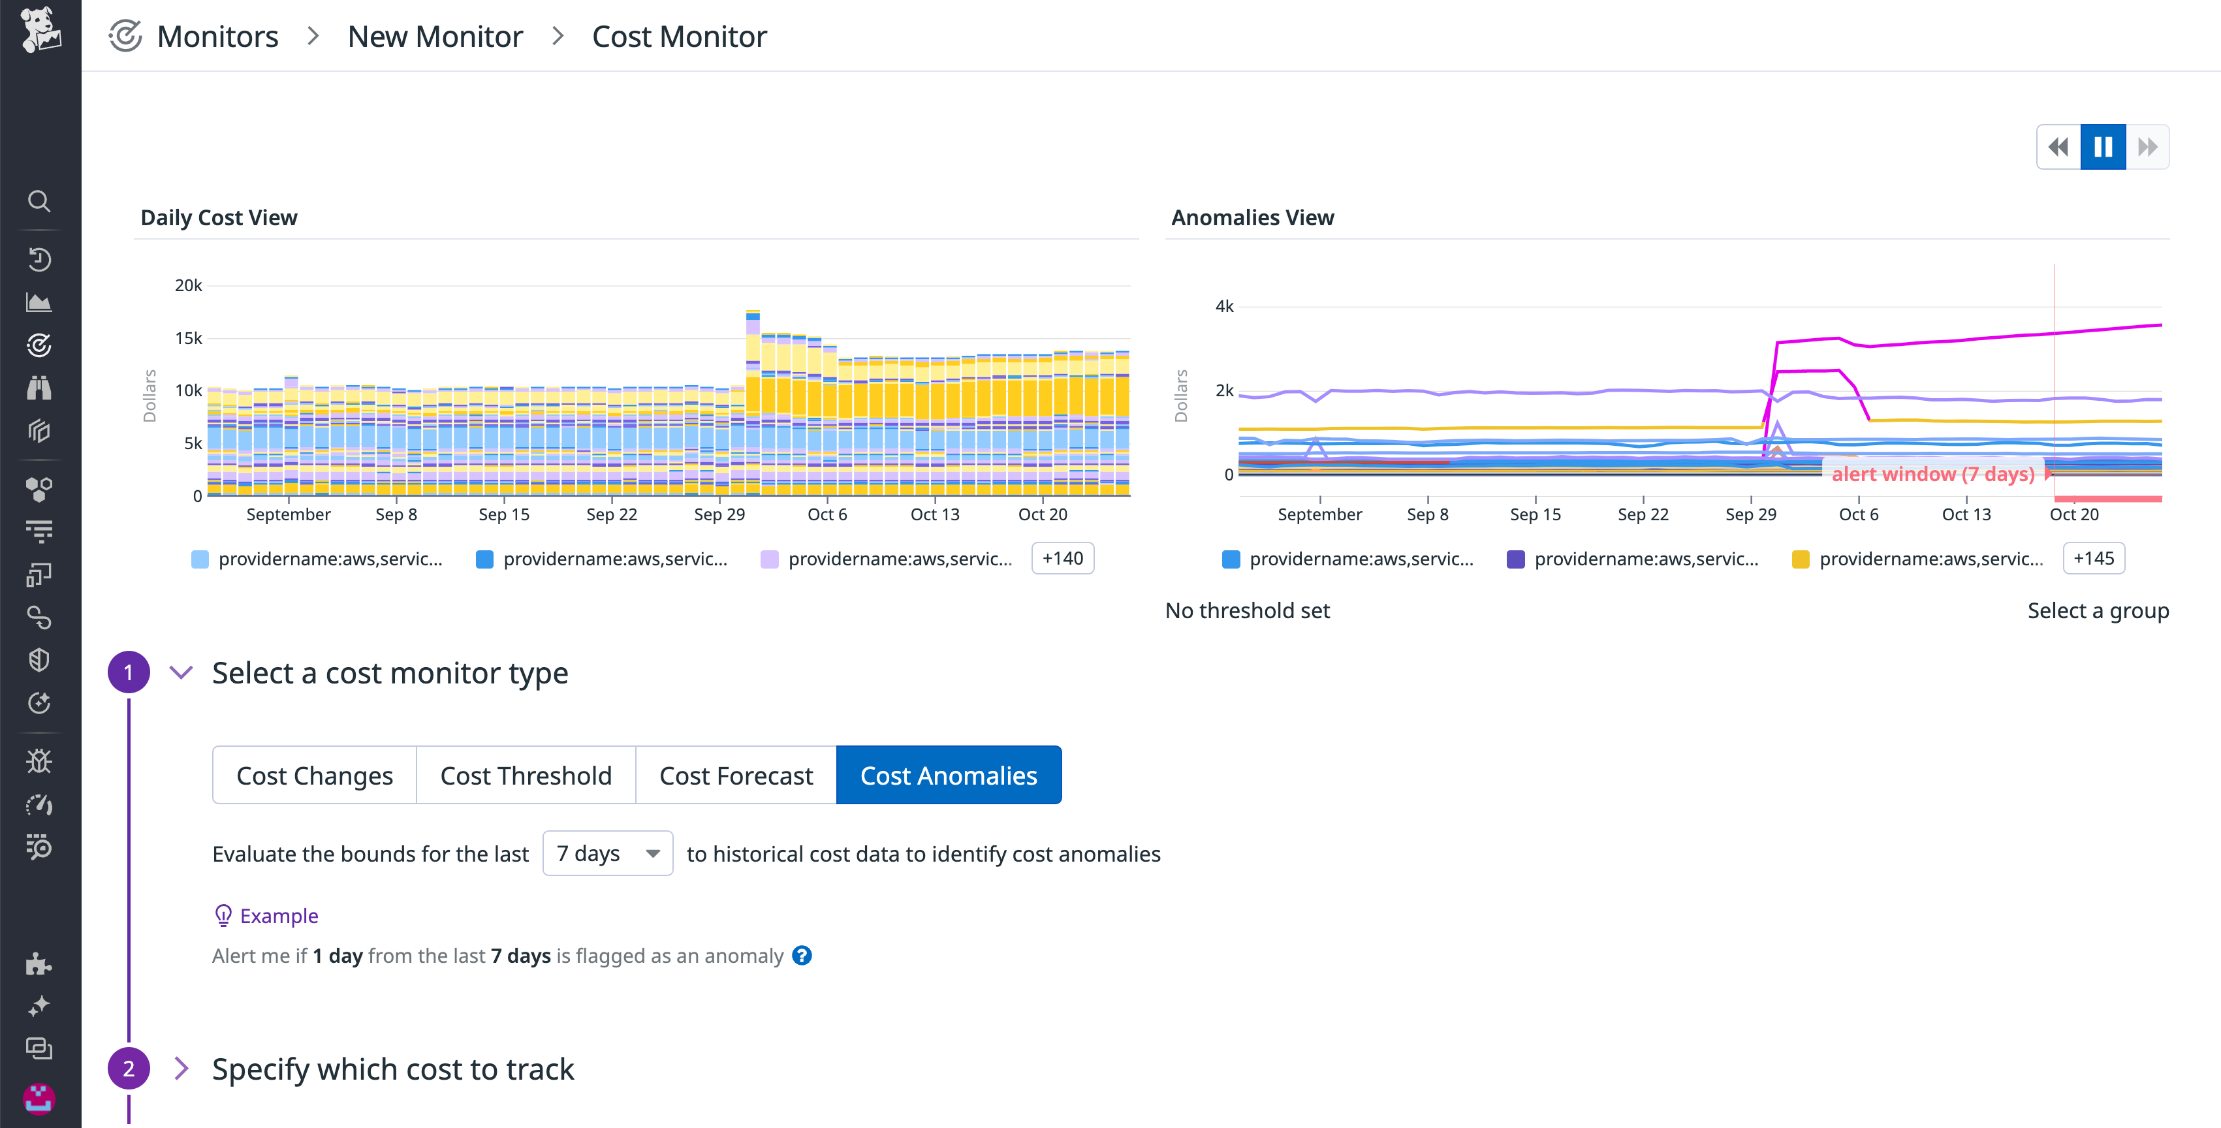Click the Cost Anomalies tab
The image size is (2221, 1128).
949,775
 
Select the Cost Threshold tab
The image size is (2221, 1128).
526,775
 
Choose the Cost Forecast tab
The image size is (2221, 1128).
736,775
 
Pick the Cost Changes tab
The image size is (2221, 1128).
315,775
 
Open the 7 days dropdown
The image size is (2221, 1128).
608,854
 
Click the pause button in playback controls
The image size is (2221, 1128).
2103,147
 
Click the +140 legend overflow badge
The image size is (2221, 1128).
1062,559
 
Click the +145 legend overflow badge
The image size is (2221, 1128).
2094,559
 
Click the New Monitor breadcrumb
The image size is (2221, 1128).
435,36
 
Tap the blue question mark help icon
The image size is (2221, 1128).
802,956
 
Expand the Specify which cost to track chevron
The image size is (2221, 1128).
181,1069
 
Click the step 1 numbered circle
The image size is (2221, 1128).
129,672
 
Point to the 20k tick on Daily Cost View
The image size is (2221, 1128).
188,285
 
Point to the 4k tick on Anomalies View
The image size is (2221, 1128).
1223,306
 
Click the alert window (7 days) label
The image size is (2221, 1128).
1932,473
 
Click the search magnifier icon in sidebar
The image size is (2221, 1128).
39,201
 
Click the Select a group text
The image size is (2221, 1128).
2097,610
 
